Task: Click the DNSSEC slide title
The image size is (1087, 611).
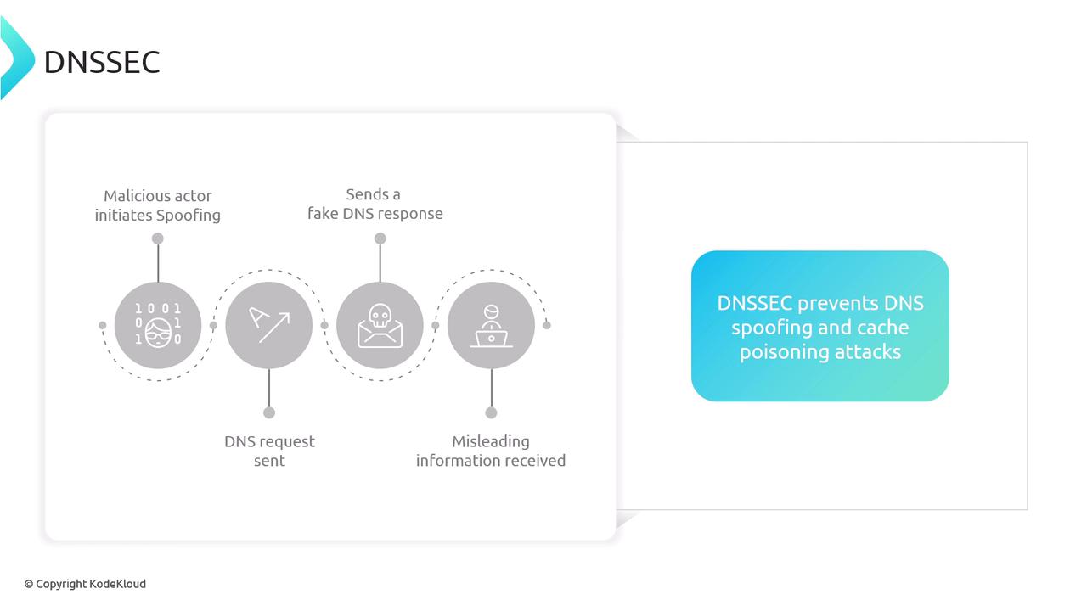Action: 102,62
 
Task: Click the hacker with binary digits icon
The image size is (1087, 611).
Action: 158,325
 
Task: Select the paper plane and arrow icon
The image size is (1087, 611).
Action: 269,325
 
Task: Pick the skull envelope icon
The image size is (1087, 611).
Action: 380,326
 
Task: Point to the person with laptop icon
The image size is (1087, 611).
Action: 491,326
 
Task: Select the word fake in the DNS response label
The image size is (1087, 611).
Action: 323,213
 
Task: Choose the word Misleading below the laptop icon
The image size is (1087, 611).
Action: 491,442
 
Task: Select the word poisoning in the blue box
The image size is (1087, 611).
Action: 784,352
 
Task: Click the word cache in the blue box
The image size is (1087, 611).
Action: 882,328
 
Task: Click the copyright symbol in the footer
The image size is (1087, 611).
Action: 29,585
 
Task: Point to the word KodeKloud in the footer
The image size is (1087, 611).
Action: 117,584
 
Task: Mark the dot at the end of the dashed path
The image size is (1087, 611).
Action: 547,325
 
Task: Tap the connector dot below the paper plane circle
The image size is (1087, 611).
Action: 269,412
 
